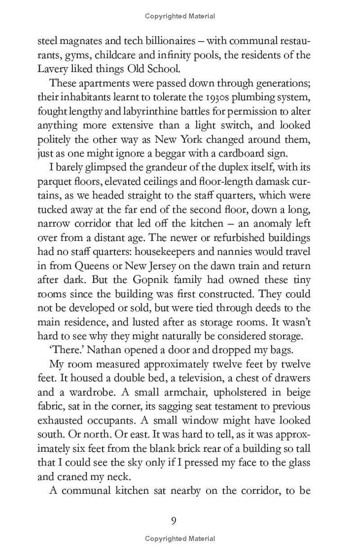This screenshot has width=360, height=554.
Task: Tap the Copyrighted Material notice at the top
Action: coord(180,16)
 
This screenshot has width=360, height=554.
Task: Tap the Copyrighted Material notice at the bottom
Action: coord(180,538)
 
